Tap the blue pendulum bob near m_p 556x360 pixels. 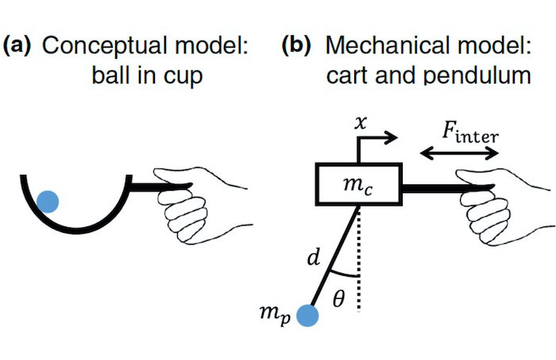click(308, 316)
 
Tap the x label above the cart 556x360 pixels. click(362, 125)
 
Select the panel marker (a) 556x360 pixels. click(17, 45)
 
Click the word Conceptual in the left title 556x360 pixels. click(95, 45)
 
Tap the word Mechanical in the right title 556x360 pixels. click(373, 45)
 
